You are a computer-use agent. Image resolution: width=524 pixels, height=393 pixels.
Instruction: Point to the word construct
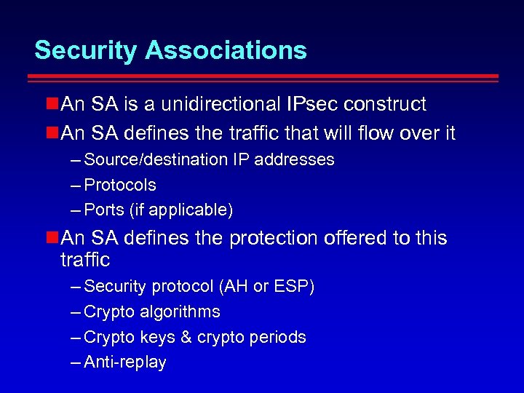click(385, 104)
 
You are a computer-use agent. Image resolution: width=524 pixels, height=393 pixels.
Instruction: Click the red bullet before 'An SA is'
click(52, 105)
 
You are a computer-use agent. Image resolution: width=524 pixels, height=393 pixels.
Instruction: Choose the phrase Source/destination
click(156, 159)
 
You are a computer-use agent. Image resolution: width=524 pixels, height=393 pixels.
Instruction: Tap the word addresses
click(298, 159)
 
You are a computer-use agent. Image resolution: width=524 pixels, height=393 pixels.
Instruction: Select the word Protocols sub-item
click(120, 185)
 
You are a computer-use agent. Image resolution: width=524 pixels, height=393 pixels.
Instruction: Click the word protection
click(274, 238)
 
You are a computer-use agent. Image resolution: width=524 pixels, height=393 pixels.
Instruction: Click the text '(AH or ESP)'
click(266, 287)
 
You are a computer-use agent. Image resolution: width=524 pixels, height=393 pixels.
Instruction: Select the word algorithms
click(183, 312)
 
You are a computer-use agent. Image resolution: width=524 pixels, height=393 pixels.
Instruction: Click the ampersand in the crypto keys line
click(178, 338)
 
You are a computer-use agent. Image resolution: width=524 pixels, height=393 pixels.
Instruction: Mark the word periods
click(280, 338)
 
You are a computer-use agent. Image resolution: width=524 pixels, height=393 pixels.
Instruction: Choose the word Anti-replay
click(125, 362)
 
